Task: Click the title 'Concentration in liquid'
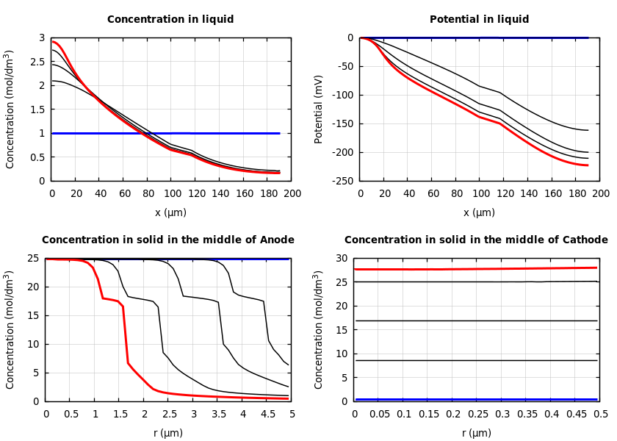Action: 170,20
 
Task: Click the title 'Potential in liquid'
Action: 479,20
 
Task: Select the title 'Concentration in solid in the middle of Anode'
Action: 168,240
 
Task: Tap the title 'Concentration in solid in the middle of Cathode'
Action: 476,240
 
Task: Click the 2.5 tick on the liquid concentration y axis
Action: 37,62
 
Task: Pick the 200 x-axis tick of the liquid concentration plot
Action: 292,193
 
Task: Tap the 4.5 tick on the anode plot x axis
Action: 267,414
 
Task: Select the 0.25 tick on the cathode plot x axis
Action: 477,414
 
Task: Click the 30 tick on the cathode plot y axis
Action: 342,258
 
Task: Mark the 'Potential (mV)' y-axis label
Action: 319,109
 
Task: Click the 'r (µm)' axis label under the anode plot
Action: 168,433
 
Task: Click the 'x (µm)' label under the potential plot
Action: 479,212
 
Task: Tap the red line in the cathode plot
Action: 477,269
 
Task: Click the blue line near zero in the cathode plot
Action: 477,399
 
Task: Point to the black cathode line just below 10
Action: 477,360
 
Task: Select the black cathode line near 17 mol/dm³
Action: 477,320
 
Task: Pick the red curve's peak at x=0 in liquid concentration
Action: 52,41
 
